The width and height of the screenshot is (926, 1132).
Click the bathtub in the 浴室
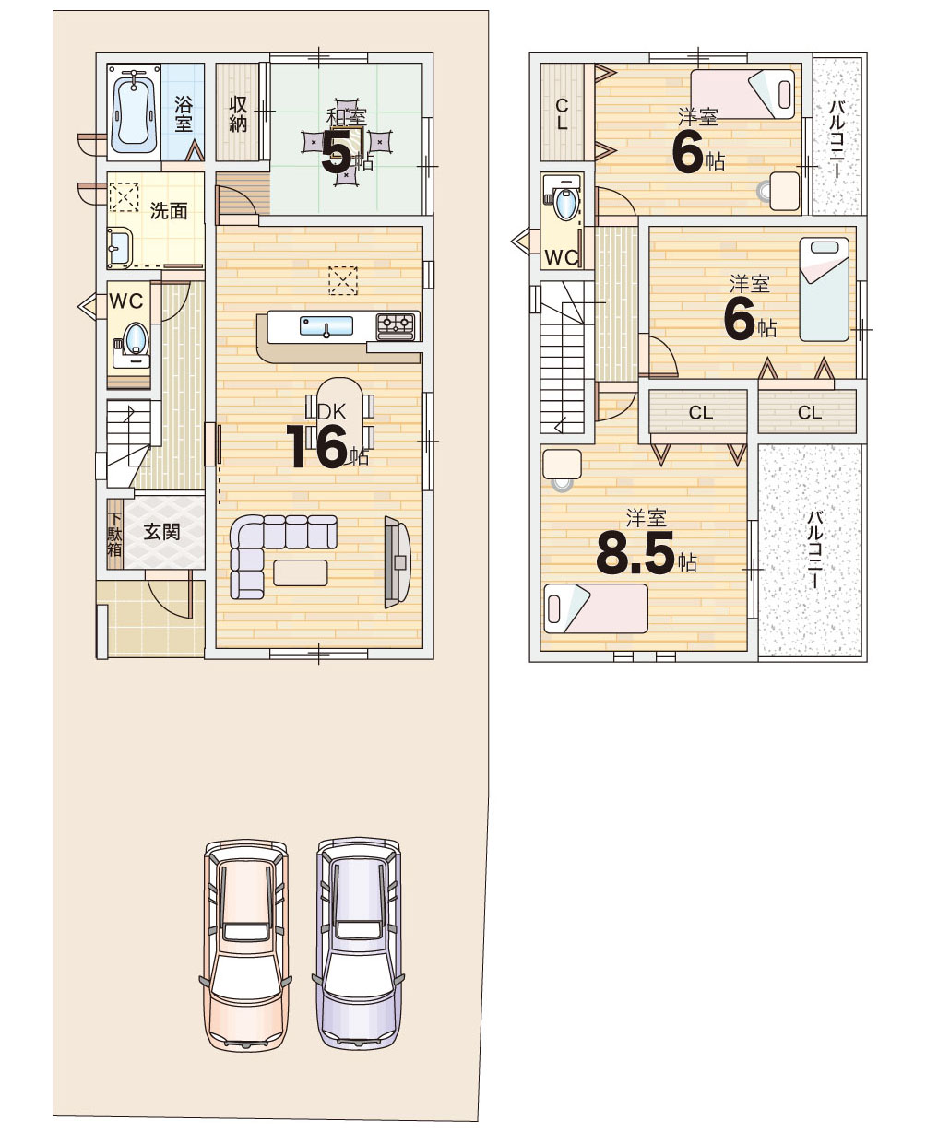click(133, 112)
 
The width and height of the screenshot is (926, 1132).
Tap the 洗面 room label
click(168, 211)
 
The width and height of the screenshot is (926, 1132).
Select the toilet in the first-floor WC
click(133, 341)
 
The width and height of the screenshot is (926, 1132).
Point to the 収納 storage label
click(238, 113)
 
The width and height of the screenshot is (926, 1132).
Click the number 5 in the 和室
click(337, 151)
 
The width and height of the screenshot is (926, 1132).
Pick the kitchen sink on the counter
click(326, 325)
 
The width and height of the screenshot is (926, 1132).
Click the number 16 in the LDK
click(317, 446)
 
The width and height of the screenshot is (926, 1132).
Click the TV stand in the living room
click(397, 562)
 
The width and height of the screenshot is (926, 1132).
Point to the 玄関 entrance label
click(161, 532)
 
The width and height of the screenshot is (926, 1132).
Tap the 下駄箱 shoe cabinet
click(115, 534)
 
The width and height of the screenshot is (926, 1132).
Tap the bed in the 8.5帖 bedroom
click(596, 608)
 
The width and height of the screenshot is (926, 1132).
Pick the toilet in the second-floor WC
click(564, 200)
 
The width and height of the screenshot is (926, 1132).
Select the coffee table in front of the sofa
click(301, 572)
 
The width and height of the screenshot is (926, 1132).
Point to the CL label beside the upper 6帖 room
click(562, 113)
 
